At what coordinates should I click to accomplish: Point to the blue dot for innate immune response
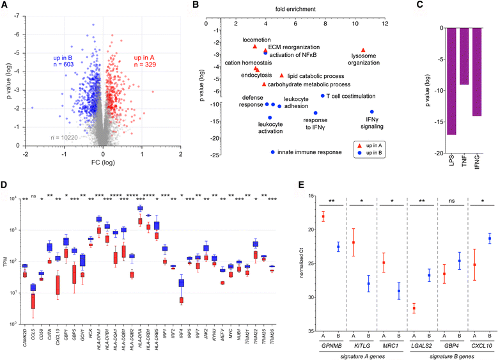pyautogui.click(x=273, y=152)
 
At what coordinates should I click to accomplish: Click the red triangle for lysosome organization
pyautogui.click(x=363, y=50)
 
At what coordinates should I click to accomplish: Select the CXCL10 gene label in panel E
pyautogui.click(x=483, y=346)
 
